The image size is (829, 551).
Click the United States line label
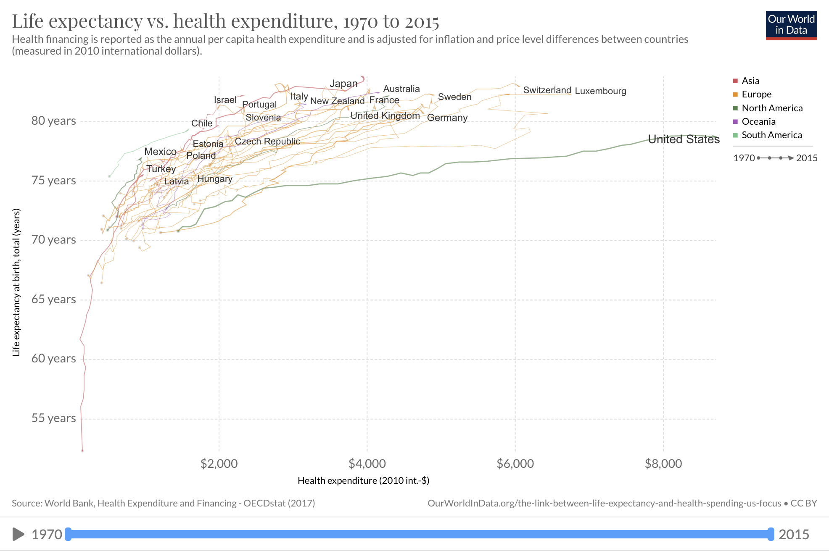(684, 139)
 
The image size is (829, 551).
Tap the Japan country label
(343, 84)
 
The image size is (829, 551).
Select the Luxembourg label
(600, 91)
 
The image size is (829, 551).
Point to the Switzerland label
(547, 90)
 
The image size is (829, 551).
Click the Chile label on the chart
(202, 123)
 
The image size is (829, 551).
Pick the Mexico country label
(160, 152)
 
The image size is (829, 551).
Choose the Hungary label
(215, 179)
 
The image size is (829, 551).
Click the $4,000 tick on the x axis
(367, 464)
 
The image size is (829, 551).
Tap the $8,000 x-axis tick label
(663, 464)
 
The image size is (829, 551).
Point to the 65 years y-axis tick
(53, 299)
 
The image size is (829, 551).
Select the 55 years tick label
(53, 418)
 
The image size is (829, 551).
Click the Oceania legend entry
(758, 122)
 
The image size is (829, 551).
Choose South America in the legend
(771, 135)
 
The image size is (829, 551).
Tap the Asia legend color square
(735, 81)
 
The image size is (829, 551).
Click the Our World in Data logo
(791, 25)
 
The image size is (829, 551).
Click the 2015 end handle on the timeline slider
(770, 534)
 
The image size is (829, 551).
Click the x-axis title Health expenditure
(363, 481)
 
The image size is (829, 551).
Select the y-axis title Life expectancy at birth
(16, 283)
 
